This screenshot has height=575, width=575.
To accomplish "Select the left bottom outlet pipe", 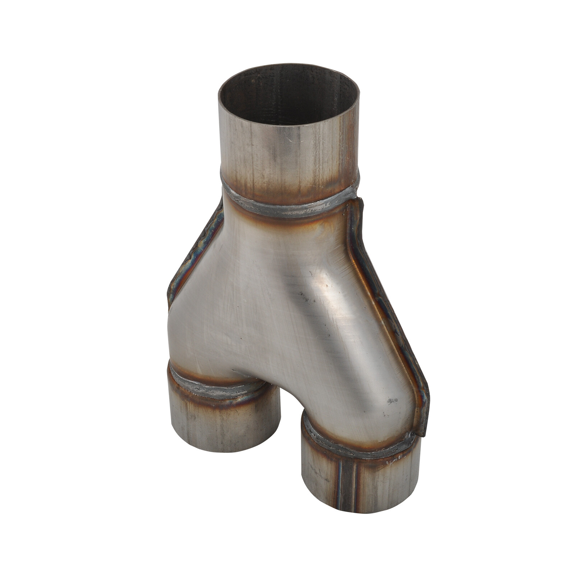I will coord(223,420).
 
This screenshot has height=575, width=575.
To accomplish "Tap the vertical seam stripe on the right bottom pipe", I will coord(347,482).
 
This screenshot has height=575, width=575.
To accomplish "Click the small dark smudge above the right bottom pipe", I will coord(392,400).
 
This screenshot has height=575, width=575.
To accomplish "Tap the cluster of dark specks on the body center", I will coord(304,296).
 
